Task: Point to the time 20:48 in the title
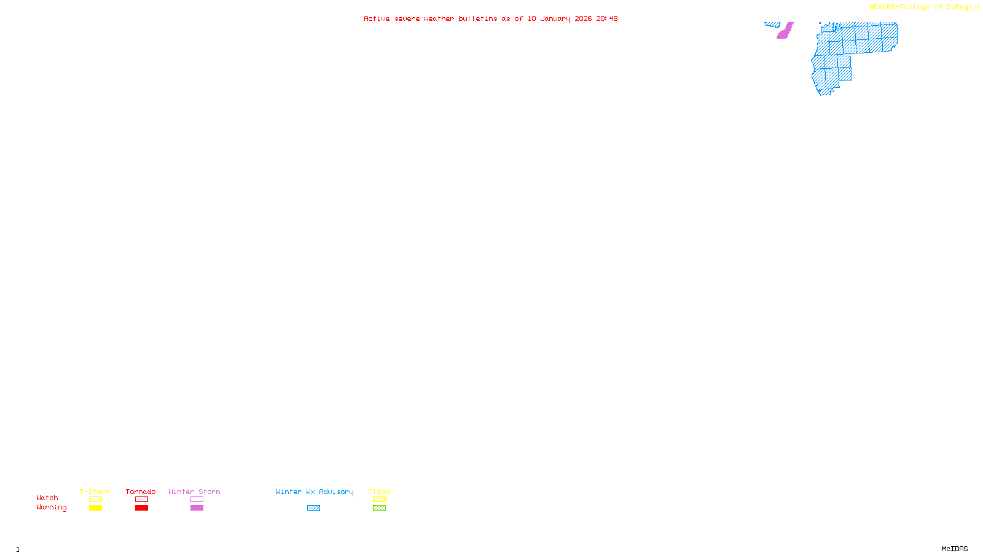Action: click(606, 19)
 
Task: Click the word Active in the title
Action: click(377, 19)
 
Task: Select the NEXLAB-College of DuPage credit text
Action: click(920, 7)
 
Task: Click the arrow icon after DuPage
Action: click(977, 7)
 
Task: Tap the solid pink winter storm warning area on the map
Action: click(785, 31)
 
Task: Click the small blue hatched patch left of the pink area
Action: click(772, 25)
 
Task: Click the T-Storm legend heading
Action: click(95, 492)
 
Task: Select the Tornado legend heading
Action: click(141, 492)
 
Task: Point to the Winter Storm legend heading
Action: click(194, 492)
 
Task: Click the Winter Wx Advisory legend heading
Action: click(315, 492)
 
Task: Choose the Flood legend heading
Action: click(379, 492)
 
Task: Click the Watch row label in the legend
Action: click(47, 498)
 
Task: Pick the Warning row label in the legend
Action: click(52, 508)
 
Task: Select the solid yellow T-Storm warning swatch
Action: click(95, 508)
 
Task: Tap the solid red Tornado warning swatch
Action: click(141, 508)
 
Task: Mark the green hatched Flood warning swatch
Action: click(379, 508)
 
